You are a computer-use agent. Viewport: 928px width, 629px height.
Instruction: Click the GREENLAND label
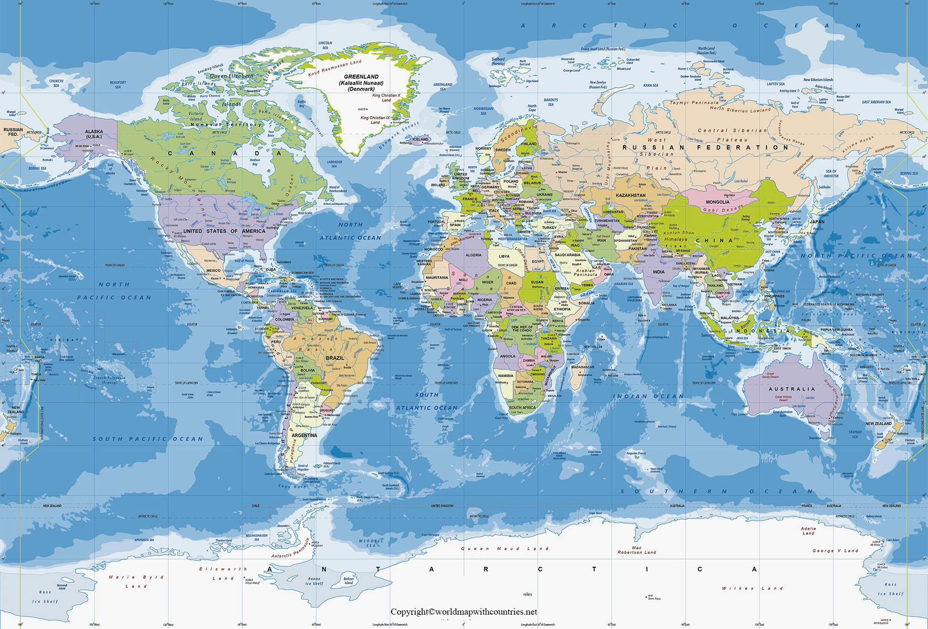coord(361,77)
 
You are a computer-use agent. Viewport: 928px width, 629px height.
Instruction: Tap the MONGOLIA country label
coord(717,202)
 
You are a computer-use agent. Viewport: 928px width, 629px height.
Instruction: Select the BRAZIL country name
coord(335,358)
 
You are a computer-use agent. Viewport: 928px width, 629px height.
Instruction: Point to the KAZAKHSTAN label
coord(631,195)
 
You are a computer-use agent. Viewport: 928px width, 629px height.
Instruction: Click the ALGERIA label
coord(473,255)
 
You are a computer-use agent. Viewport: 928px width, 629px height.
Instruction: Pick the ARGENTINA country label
coord(304,435)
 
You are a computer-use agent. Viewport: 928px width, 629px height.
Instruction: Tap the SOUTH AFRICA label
coord(522,408)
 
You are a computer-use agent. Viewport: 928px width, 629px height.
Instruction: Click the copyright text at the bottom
coord(464,612)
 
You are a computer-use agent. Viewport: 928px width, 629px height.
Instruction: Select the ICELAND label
coord(420,139)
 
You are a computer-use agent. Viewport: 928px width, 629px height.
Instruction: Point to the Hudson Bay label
coord(255,162)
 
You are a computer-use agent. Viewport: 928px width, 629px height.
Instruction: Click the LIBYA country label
coord(504,256)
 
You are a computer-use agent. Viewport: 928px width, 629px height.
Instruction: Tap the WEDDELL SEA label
coord(371,543)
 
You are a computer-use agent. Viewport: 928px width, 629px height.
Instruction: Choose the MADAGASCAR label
coord(582,367)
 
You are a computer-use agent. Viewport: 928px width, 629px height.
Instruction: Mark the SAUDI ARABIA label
coord(567,255)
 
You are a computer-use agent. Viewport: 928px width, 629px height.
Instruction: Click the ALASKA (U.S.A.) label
coord(94,134)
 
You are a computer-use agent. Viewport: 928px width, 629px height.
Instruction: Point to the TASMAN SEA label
coord(855,434)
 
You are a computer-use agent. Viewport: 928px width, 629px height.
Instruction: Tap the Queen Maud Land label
coord(504,549)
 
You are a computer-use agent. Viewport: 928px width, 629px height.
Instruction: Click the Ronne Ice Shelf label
coord(314,581)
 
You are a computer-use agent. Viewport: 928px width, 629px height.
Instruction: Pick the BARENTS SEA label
coord(551,102)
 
